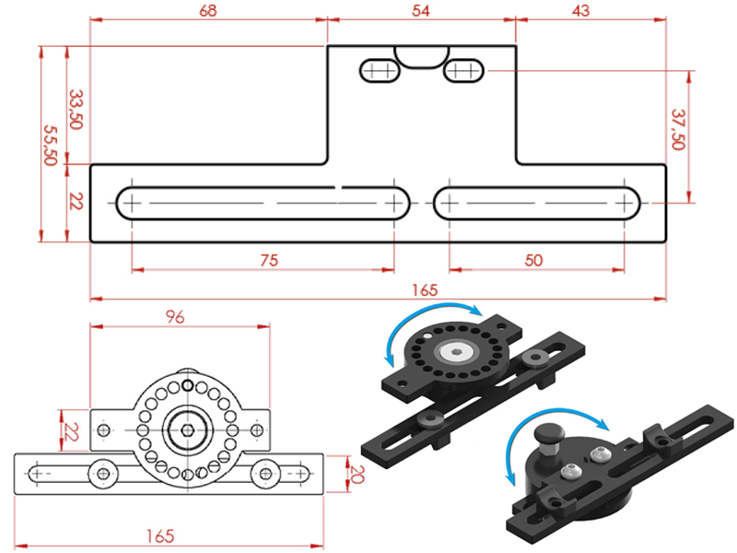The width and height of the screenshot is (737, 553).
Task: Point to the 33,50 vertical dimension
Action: pyautogui.click(x=76, y=109)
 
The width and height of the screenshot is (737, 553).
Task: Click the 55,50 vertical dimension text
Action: pyautogui.click(x=51, y=145)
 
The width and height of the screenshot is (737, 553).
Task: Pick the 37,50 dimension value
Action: pyautogui.click(x=679, y=130)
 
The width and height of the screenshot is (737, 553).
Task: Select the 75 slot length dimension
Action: pyautogui.click(x=268, y=260)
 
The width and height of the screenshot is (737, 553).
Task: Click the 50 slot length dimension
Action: pyautogui.click(x=534, y=260)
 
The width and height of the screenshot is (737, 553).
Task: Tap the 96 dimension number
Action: pyautogui.click(x=175, y=316)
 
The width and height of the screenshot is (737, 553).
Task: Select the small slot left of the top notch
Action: pyautogui.click(x=379, y=70)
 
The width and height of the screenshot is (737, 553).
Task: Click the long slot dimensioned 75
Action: pyautogui.click(x=263, y=202)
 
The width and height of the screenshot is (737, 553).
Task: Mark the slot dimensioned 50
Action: pyautogui.click(x=537, y=202)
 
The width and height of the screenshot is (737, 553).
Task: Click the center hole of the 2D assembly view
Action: pyautogui.click(x=188, y=429)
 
